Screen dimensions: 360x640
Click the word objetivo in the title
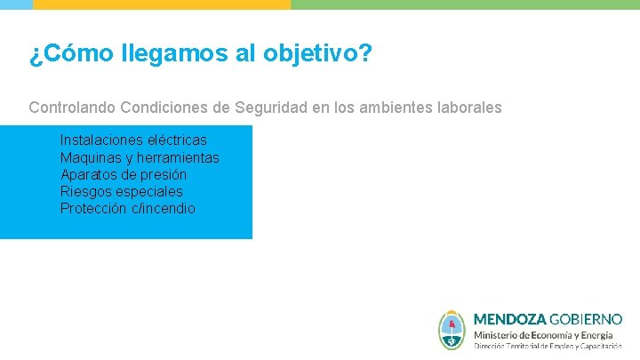tap(317, 55)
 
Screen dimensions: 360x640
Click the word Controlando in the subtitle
tap(72, 108)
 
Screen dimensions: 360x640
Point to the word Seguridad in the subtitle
tap(267, 108)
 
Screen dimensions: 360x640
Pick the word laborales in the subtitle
tap(468, 108)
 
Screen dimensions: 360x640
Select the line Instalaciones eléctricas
tap(133, 140)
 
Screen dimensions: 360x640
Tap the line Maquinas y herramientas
tap(140, 158)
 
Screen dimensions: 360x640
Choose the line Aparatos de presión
tap(124, 175)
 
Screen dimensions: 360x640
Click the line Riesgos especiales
tap(121, 192)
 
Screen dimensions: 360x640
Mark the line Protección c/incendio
tap(128, 209)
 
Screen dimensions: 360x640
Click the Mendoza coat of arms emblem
tap(452, 330)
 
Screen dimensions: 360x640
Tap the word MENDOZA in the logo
tap(509, 318)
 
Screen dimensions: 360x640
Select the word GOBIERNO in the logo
tap(586, 318)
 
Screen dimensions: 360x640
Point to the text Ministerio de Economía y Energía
tap(542, 334)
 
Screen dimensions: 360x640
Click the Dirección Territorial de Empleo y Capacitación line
tap(547, 346)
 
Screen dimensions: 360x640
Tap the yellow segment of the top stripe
tap(162, 4)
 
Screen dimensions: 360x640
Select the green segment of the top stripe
tap(465, 4)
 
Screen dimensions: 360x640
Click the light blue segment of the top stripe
tap(16, 4)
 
